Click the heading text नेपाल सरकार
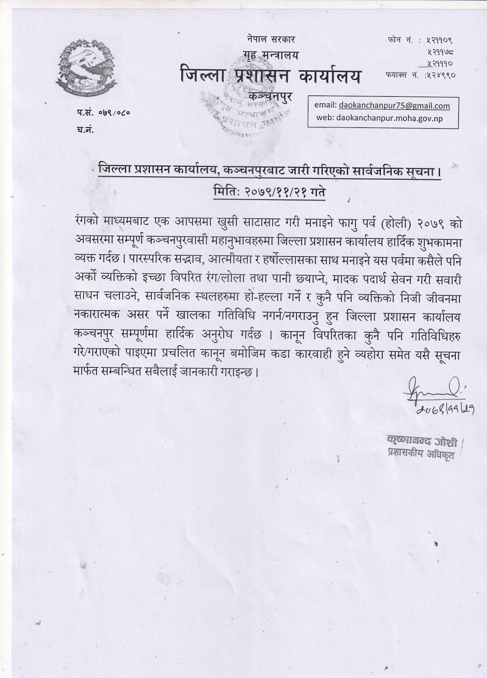click(271, 40)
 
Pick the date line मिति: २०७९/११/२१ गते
click(270, 191)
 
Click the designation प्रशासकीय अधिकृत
click(417, 453)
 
